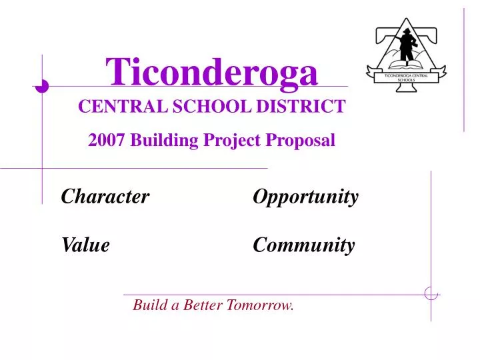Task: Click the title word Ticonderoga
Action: click(212, 72)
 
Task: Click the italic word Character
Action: click(105, 197)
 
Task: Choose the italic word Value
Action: click(85, 246)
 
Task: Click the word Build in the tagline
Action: click(149, 306)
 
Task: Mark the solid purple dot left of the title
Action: click(42, 85)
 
